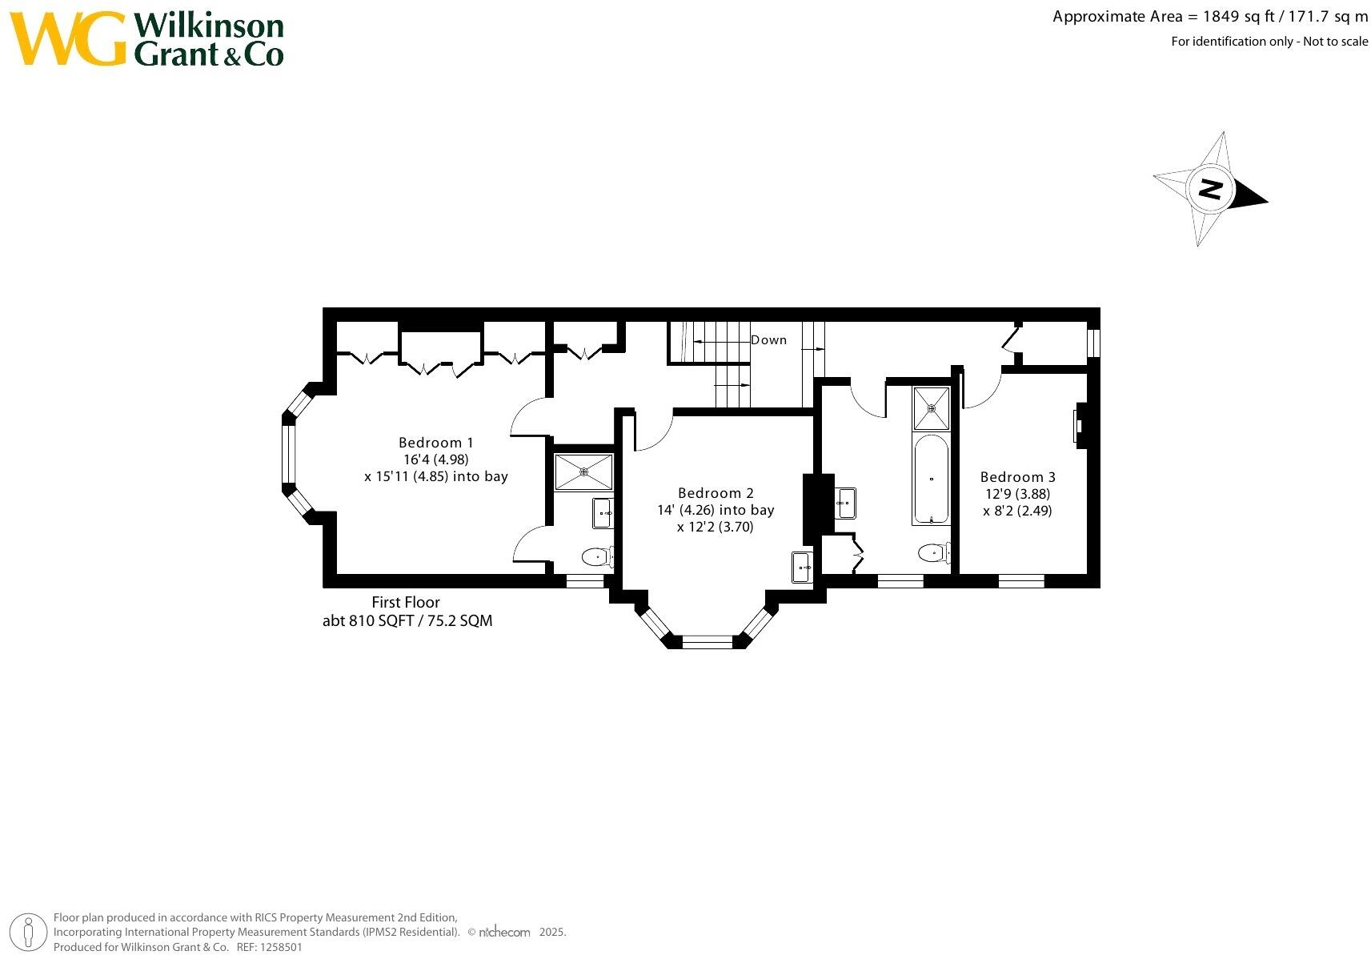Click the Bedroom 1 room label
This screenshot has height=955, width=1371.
coord(436,443)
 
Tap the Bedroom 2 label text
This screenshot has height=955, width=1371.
coord(716,493)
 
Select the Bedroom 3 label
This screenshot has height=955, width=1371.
coord(1017,477)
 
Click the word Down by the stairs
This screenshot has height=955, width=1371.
coord(768,340)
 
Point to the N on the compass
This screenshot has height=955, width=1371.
coord(1210,190)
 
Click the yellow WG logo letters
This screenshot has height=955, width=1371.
coord(69,38)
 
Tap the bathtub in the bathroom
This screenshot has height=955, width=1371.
coord(931,479)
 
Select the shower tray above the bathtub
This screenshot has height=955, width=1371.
coord(932,408)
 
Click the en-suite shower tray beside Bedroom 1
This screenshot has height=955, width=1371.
coord(584,472)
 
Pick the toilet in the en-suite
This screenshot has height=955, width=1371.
coord(596,556)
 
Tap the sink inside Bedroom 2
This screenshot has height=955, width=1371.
coord(802,568)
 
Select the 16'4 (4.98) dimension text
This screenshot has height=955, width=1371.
coord(436,459)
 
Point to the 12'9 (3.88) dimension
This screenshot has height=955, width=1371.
coord(1017,494)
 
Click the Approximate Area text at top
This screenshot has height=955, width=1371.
coord(1209,17)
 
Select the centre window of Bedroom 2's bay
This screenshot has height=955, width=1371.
coord(707,641)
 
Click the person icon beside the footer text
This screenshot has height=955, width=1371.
coord(30,932)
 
